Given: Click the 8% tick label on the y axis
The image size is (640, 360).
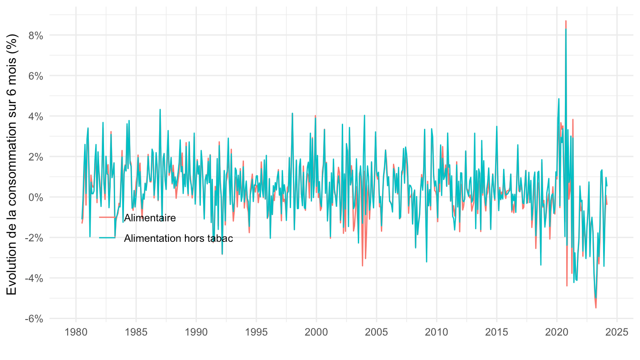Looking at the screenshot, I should coord(36,35).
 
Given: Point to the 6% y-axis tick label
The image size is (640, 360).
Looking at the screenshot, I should coord(36,76).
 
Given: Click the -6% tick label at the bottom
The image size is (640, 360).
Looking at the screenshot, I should coord(34,319).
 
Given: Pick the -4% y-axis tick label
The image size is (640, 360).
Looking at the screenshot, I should coord(34,278).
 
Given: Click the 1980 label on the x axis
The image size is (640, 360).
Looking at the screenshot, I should coord(76,332).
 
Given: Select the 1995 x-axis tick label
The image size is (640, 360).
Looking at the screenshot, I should coord(256,332).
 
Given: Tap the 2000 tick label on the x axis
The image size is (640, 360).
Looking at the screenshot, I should coord(316,332).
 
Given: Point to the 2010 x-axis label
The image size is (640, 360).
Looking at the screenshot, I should coord(436,332).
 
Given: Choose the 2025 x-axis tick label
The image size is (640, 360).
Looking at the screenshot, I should coord(617,332).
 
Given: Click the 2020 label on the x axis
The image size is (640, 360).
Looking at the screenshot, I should coord(556,332).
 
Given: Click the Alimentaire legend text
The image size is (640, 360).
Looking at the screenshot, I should coord(150,218).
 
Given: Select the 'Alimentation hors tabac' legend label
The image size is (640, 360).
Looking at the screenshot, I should coord(178,238).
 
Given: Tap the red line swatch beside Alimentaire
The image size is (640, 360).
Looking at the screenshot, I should coord(107,218).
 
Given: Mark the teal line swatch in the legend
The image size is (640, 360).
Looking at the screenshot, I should coord(107,238).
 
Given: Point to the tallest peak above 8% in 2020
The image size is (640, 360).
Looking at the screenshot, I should coord(566,21).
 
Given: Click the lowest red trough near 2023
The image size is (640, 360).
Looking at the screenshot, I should coord(596,308).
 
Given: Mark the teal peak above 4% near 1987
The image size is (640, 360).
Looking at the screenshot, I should coord(160,109).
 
